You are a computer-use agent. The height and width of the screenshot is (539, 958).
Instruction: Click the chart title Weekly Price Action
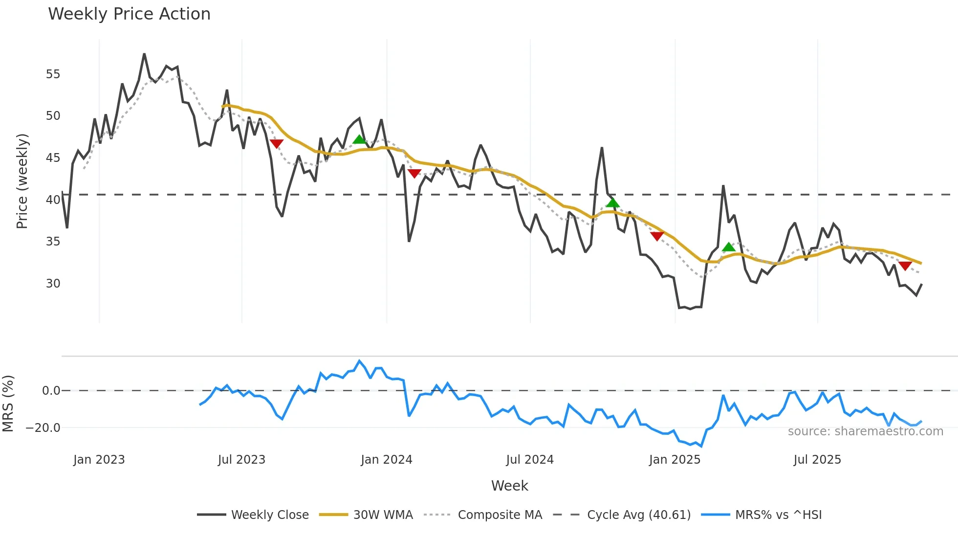coord(129,14)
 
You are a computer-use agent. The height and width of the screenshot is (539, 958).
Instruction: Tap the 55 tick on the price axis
coord(53,74)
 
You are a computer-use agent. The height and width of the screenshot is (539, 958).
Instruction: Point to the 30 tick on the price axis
coord(53,284)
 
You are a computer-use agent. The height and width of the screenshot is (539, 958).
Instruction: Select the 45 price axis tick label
coord(53,158)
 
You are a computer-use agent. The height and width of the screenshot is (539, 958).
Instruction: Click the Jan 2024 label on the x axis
coord(386,460)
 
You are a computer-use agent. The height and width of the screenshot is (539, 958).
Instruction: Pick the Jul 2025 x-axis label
coord(817,460)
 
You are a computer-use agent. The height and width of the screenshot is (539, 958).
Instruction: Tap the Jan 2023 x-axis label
coord(99,460)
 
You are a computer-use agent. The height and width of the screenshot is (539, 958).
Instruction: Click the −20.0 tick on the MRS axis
coord(43,428)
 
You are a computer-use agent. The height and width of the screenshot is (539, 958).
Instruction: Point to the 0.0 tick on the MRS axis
coord(51,391)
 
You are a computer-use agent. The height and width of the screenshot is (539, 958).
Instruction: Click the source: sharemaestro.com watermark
coord(865,431)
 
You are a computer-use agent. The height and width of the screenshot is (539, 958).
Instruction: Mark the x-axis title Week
coord(509,486)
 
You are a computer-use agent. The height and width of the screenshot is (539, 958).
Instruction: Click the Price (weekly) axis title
coord(22,181)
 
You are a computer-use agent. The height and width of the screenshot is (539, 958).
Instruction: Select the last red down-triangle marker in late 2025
coord(905,266)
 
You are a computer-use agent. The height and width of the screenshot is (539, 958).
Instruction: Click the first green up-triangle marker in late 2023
coord(359,139)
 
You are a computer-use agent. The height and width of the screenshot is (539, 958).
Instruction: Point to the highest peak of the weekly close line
coord(144,54)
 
